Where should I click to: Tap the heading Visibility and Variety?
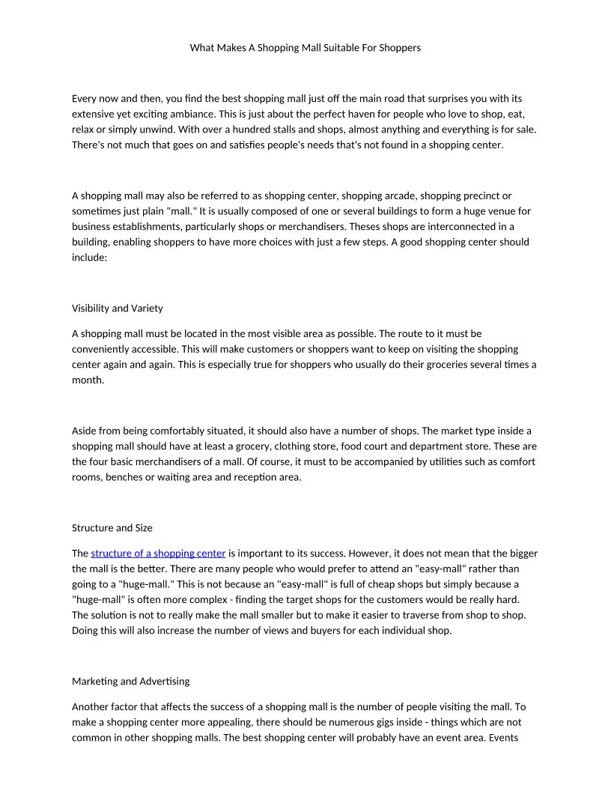117,308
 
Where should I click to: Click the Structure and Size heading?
112,527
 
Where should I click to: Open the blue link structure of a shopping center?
158,554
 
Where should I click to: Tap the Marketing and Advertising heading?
130,681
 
